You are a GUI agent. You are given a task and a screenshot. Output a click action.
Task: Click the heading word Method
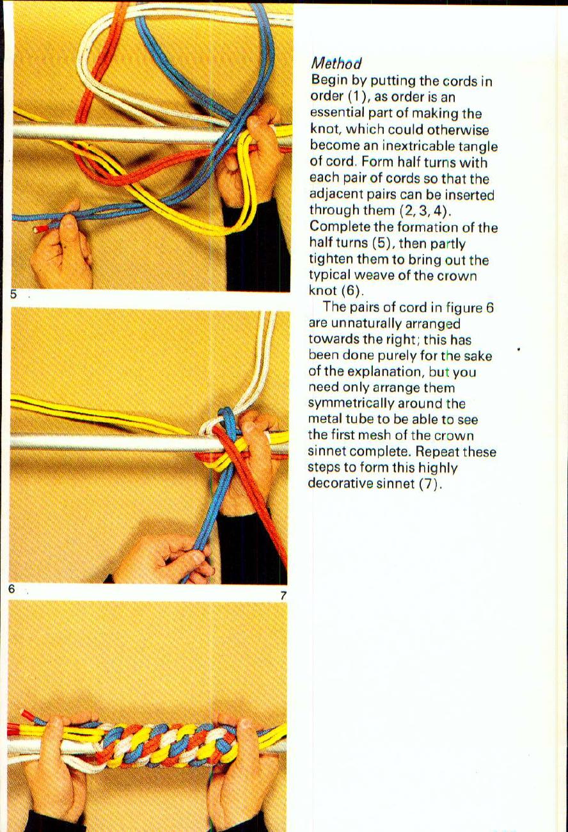pyautogui.click(x=336, y=63)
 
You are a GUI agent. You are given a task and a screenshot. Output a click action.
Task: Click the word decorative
pyautogui.click(x=340, y=483)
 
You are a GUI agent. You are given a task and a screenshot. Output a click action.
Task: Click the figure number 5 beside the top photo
pyautogui.click(x=12, y=295)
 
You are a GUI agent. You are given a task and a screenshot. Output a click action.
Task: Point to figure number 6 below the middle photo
pyautogui.click(x=12, y=589)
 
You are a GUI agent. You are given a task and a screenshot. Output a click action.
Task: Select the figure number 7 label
pyautogui.click(x=283, y=595)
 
